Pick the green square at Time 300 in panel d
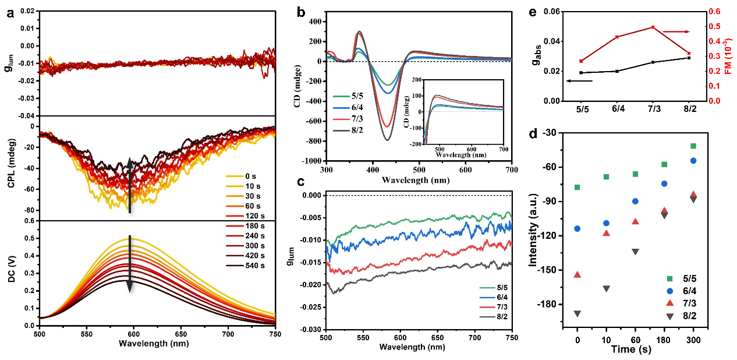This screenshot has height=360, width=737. tap(693, 146)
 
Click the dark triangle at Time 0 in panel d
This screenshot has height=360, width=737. tap(577, 314)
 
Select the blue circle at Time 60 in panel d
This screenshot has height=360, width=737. tap(635, 201)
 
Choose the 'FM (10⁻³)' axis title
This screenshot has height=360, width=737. tap(728, 56)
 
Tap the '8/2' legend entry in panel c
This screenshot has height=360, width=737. tap(495, 317)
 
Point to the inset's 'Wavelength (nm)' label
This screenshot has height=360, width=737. tap(465, 154)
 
